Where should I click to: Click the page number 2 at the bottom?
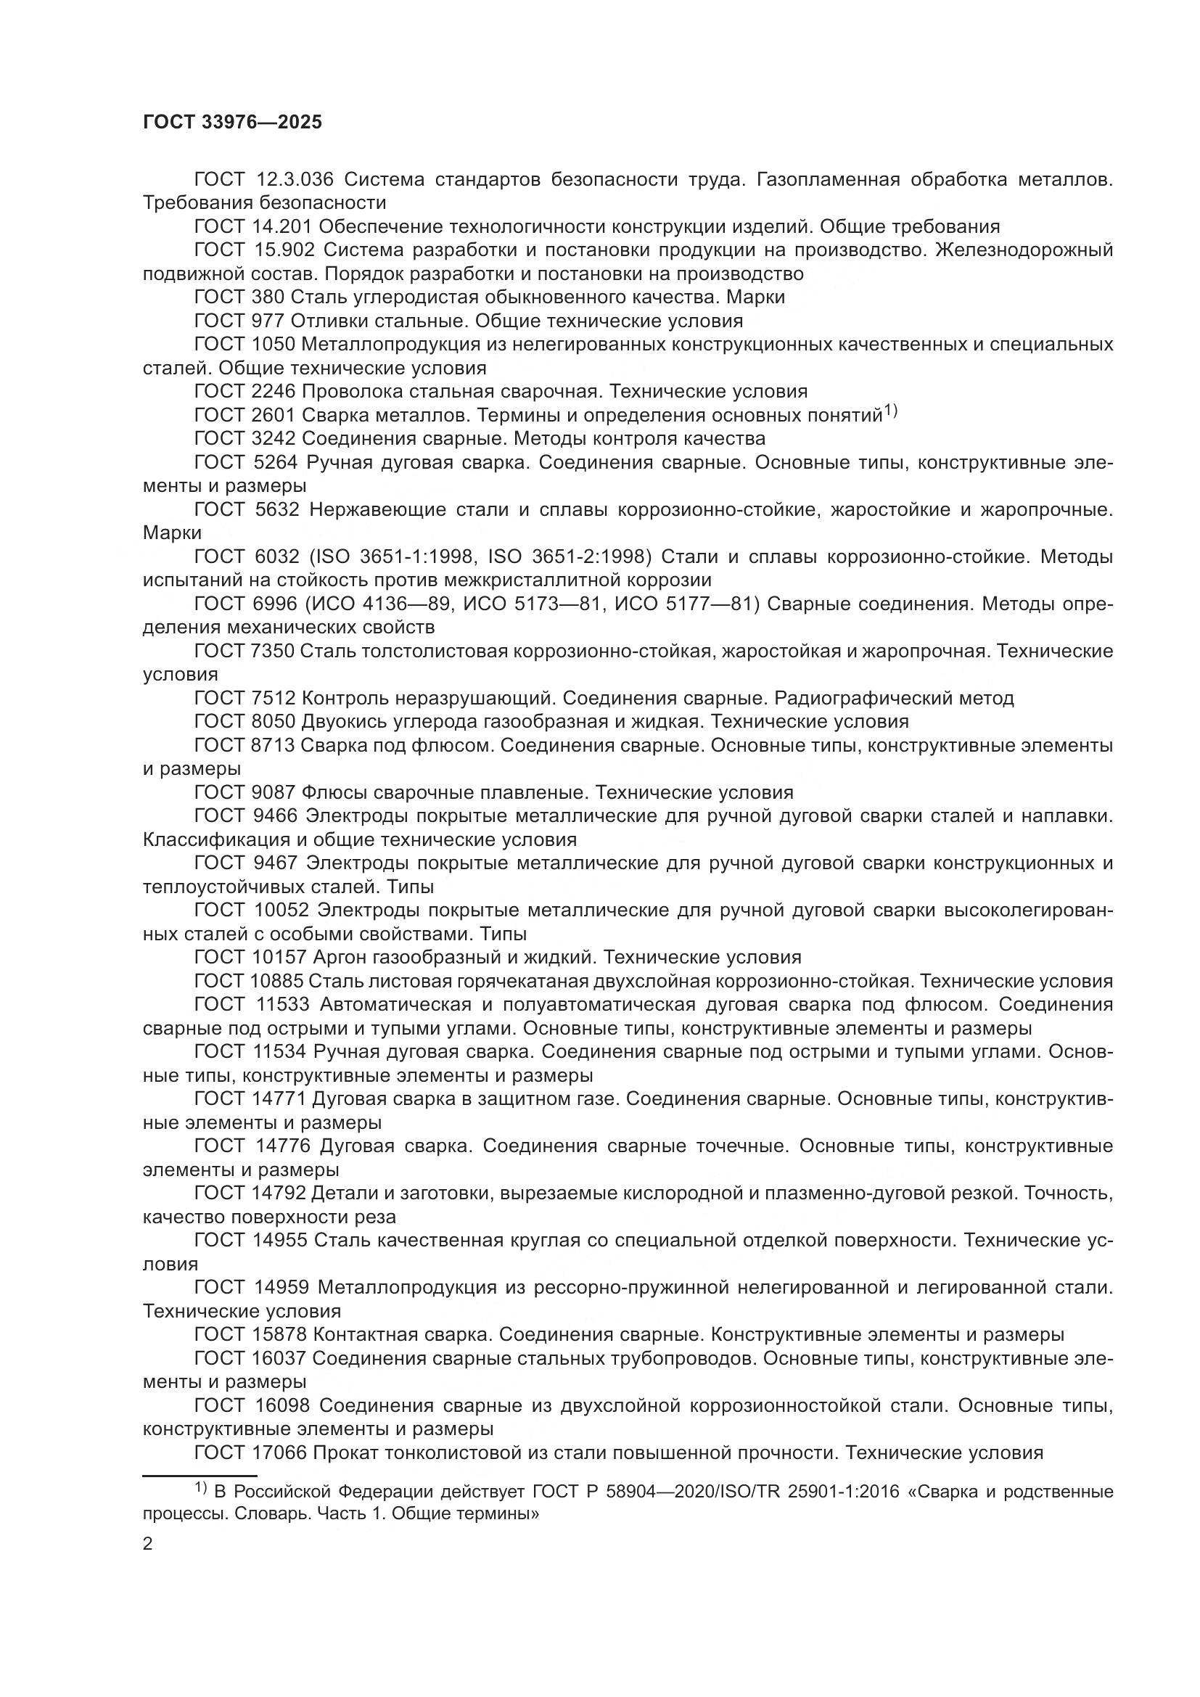[x=148, y=1544]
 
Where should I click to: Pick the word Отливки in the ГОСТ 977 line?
[x=329, y=321]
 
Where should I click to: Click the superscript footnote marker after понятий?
[x=890, y=410]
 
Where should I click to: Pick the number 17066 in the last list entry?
[x=278, y=1453]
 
